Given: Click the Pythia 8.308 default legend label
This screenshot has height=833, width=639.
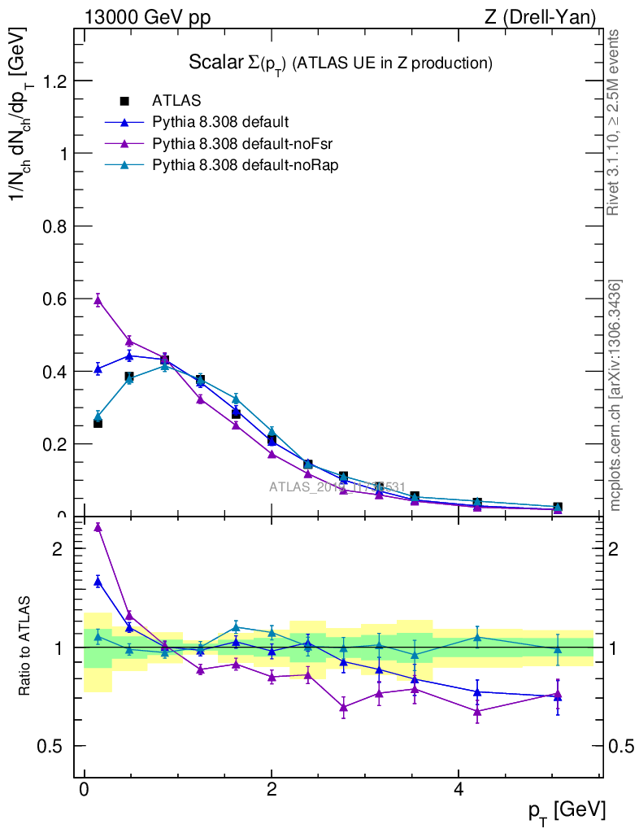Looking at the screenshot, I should pyautogui.click(x=220, y=123).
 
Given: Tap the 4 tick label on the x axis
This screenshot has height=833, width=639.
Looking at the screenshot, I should pyautogui.click(x=459, y=790).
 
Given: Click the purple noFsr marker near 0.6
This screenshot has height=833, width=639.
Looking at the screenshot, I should pyautogui.click(x=98, y=300).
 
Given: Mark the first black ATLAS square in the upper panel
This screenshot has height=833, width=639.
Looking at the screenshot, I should pyautogui.click(x=98, y=423).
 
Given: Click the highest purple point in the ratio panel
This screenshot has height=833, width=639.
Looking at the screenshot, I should pyautogui.click(x=98, y=527).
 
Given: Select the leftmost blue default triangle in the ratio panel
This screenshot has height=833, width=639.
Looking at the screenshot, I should pyautogui.click(x=98, y=581).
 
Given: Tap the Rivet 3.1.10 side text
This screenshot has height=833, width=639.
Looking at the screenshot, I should pyautogui.click(x=614, y=122).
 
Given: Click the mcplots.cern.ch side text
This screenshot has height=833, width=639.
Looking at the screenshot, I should pyautogui.click(x=615, y=396).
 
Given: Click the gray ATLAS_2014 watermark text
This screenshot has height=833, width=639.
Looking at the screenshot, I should pyautogui.click(x=337, y=487).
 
